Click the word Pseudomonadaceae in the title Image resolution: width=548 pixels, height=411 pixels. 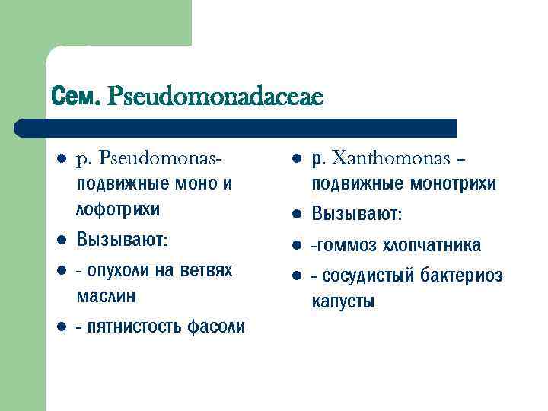point(216,97)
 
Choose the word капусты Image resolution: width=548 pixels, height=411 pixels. point(342,301)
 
